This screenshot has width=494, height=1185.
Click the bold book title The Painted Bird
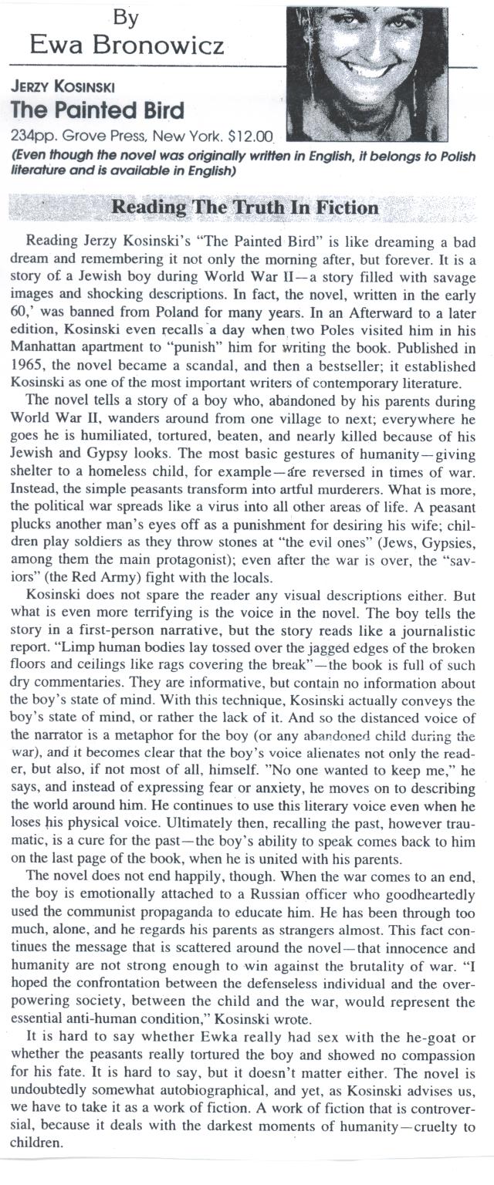click(98, 110)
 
